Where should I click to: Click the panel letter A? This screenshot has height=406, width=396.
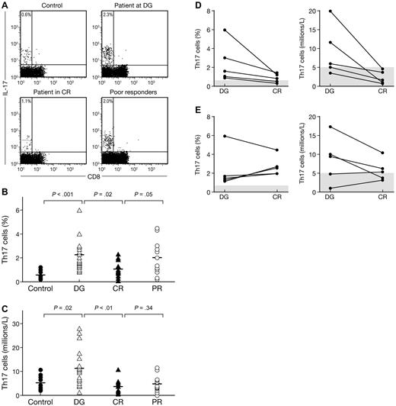[x=5, y=7]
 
